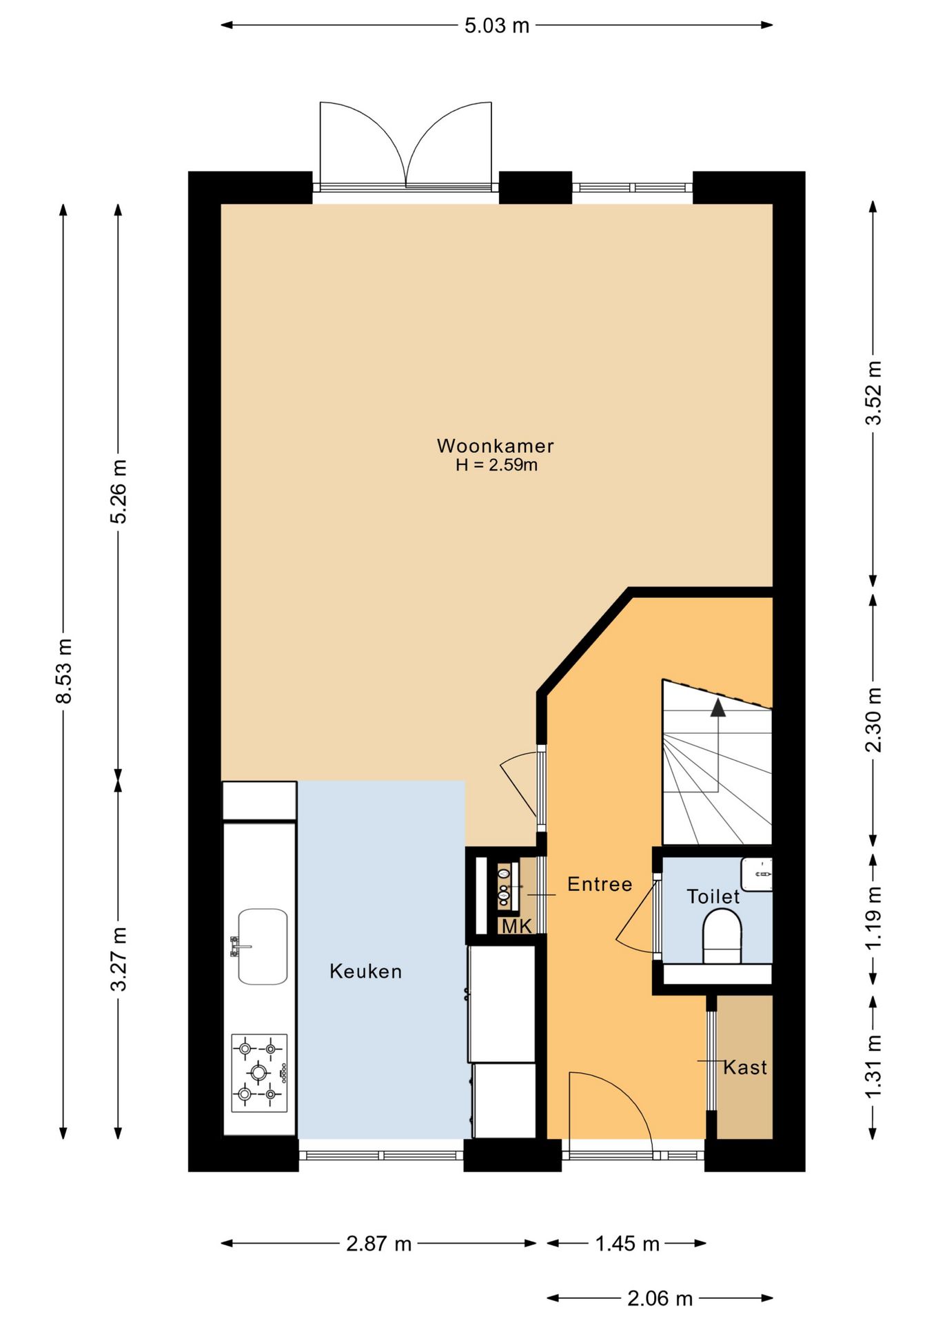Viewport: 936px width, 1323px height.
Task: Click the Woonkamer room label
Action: pos(495,446)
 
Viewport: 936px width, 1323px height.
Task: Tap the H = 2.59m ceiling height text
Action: pos(496,465)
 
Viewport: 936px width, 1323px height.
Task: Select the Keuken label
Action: pos(365,972)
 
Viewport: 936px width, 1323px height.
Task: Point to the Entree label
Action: pos(600,884)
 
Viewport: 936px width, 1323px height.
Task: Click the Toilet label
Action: pos(713,896)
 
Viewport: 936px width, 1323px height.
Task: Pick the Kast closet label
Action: pos(745,1067)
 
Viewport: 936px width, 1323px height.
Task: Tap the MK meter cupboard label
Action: pos(517,926)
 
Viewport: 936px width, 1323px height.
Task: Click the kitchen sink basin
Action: pos(263,946)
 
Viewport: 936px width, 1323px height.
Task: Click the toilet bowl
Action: pos(722,935)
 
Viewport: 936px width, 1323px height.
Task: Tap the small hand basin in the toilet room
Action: pos(756,874)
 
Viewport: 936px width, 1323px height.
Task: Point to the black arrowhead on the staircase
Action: pos(718,708)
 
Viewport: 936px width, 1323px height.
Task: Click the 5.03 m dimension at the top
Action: pos(496,25)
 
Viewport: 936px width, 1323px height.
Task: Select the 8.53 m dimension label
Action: pos(64,672)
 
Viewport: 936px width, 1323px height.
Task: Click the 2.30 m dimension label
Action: pos(873,719)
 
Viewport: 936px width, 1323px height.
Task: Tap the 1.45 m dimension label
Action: pos(627,1244)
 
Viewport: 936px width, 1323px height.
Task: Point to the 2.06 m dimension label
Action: pos(660,1299)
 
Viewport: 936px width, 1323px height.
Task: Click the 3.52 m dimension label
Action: pos(873,393)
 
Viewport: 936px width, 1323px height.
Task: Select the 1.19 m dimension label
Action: pos(873,917)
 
